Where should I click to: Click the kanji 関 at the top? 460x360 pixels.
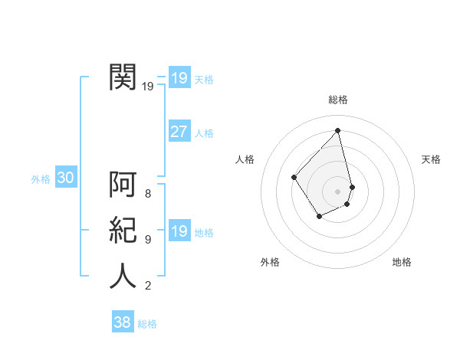123,77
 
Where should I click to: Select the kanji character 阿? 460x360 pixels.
123,185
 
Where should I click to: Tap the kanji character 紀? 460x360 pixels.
123,231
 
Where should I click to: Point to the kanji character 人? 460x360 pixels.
123,276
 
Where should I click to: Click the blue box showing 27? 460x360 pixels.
179,132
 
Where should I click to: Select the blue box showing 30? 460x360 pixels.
65,178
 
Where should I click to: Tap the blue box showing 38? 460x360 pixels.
122,322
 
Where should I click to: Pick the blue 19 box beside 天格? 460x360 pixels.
179,78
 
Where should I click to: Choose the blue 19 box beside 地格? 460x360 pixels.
179,231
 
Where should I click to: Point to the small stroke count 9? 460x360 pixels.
148,240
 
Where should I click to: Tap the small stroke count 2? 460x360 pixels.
148,286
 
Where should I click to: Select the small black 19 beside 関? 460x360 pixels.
148,87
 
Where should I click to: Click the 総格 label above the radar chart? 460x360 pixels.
338,100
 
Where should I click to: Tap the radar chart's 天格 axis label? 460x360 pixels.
431,159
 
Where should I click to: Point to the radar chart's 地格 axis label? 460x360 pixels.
402,262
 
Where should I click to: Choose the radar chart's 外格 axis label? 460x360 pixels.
270,262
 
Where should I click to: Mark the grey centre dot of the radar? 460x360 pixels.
338,191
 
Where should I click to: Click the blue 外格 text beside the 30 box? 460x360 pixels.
41,179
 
